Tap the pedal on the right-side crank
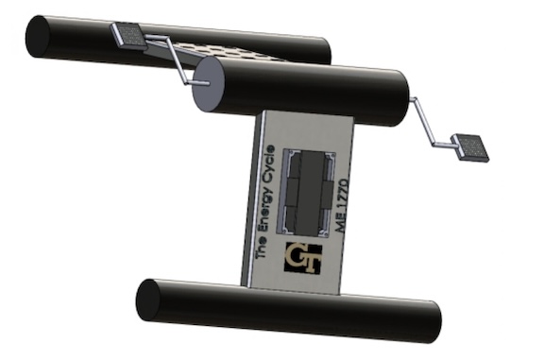pyautogui.click(x=469, y=147)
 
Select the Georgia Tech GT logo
pyautogui.click(x=303, y=258)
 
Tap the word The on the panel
pyautogui.click(x=262, y=246)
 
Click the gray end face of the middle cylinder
pyautogui.click(x=208, y=84)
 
